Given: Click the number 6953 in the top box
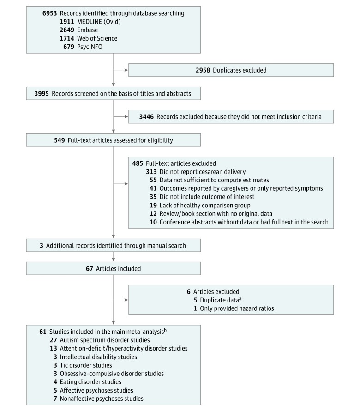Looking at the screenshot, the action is pos(49,13).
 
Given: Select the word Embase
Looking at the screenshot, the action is pos(87,30).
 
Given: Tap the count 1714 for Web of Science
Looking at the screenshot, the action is pos(67,38).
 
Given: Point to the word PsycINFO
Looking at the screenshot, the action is pos(90,47).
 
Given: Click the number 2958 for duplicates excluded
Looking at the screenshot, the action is pos(203,70).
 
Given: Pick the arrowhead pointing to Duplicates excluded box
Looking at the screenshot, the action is pos(126,70).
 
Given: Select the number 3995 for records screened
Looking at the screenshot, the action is pos(42,94).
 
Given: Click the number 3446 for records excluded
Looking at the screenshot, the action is pos(146,117).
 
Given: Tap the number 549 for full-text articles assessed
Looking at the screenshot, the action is pos(60,140).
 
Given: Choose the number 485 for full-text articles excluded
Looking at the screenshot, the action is pos(138,163).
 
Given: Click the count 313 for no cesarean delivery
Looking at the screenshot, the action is pos(151,172).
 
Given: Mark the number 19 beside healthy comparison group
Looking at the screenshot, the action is pos(153,205).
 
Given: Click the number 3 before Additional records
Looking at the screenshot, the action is pos(42,246).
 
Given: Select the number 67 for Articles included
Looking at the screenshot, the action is pos(90,269).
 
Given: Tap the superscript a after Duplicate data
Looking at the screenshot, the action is pos(240,299).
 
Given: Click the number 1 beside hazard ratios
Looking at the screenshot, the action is pos(195,308).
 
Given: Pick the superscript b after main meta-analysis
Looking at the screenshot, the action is pos(165,330).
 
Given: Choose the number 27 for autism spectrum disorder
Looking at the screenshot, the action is pos(54,340).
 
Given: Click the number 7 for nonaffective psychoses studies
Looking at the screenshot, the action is pos(55,399).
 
